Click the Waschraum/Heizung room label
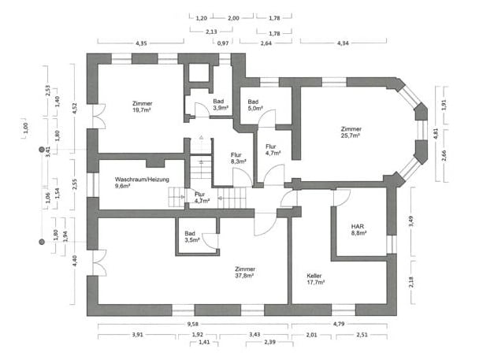point(142,180)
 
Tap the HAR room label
point(358,226)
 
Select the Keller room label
point(314,276)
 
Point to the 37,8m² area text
point(245,276)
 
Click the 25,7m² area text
point(350,135)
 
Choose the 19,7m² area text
point(142,110)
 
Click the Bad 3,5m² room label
point(192,237)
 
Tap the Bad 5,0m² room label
point(255,105)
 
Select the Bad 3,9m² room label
point(221,105)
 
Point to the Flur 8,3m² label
point(239,158)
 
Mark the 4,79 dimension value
point(339,324)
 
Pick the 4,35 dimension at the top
point(141,43)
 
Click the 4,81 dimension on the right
point(436,133)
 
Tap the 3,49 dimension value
point(411,221)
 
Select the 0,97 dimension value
point(223,43)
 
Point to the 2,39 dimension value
point(269,342)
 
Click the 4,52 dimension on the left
point(75,109)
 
